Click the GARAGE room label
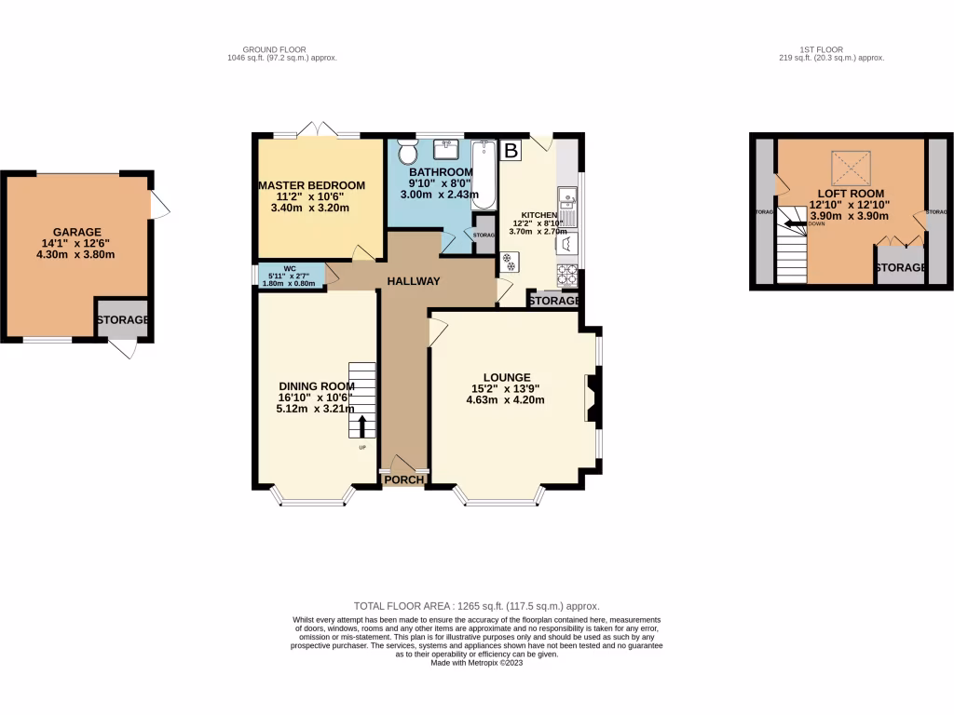pyautogui.click(x=76, y=232)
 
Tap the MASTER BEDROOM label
pyautogui.click(x=311, y=185)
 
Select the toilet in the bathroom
pyautogui.click(x=406, y=152)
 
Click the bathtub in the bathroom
pyautogui.click(x=484, y=175)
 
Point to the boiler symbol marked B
pyautogui.click(x=510, y=149)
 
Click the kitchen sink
pyautogui.click(x=566, y=200)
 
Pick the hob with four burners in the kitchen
pyautogui.click(x=566, y=274)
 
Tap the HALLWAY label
pyautogui.click(x=414, y=281)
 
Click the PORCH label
pyautogui.click(x=404, y=480)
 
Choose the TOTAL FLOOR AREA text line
pyautogui.click(x=477, y=606)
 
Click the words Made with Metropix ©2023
pyautogui.click(x=477, y=662)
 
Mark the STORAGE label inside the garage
pyautogui.click(x=123, y=320)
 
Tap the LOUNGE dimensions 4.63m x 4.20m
pyautogui.click(x=505, y=400)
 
